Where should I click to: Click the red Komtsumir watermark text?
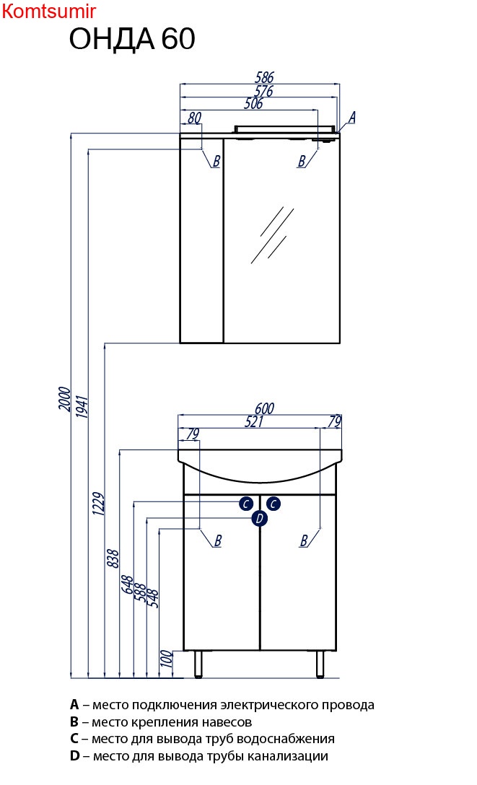[x=48, y=11]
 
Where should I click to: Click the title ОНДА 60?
[x=132, y=39]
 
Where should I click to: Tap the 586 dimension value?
[x=264, y=77]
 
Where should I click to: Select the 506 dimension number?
[x=253, y=103]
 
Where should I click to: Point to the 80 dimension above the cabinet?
[x=194, y=118]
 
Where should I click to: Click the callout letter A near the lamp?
[x=352, y=118]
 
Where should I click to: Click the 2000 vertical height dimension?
[x=64, y=398]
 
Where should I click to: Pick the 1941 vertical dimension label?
[x=82, y=406]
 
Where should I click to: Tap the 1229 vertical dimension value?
[x=98, y=504]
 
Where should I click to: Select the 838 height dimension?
[x=113, y=558]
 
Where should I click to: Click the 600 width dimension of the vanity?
[x=264, y=408]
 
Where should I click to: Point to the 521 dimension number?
[x=254, y=421]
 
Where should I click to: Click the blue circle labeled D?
[x=259, y=518]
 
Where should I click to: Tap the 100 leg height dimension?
[x=167, y=659]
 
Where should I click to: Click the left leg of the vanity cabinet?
[x=198, y=665]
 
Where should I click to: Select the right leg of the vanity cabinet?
[x=320, y=665]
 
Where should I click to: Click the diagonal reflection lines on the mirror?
[x=272, y=235]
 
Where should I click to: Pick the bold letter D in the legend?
[x=75, y=756]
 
